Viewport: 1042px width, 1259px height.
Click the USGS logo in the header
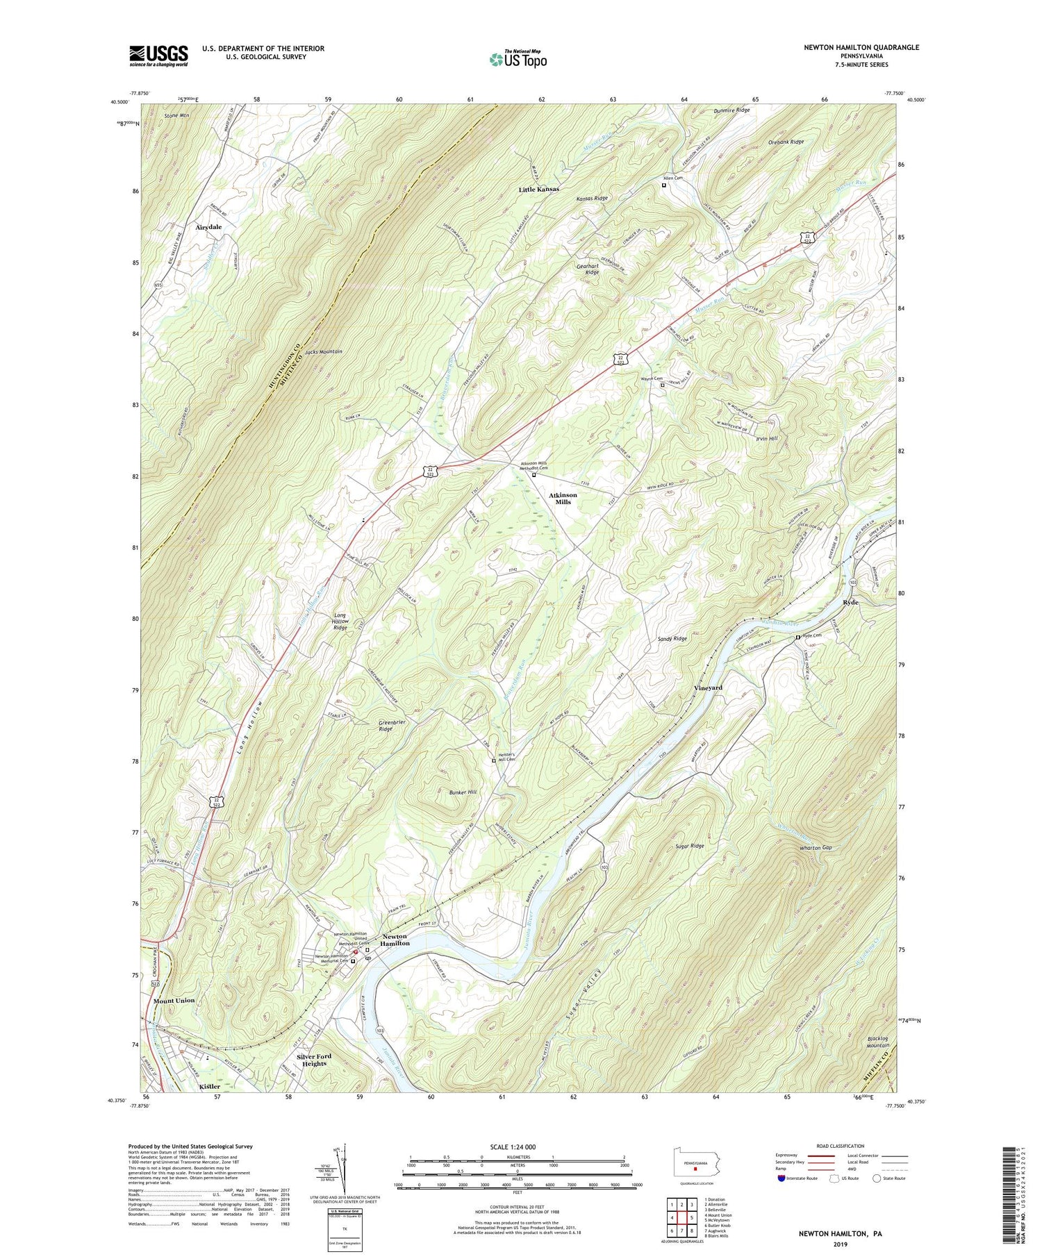click(158, 56)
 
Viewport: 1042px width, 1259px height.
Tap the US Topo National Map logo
click(518, 59)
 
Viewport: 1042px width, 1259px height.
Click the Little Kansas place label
click(538, 189)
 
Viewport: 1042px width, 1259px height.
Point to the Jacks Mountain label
click(323, 352)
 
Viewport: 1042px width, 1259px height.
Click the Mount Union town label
click(174, 1001)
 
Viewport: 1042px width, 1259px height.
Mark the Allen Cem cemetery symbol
click(664, 185)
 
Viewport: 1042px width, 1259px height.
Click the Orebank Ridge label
click(786, 142)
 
